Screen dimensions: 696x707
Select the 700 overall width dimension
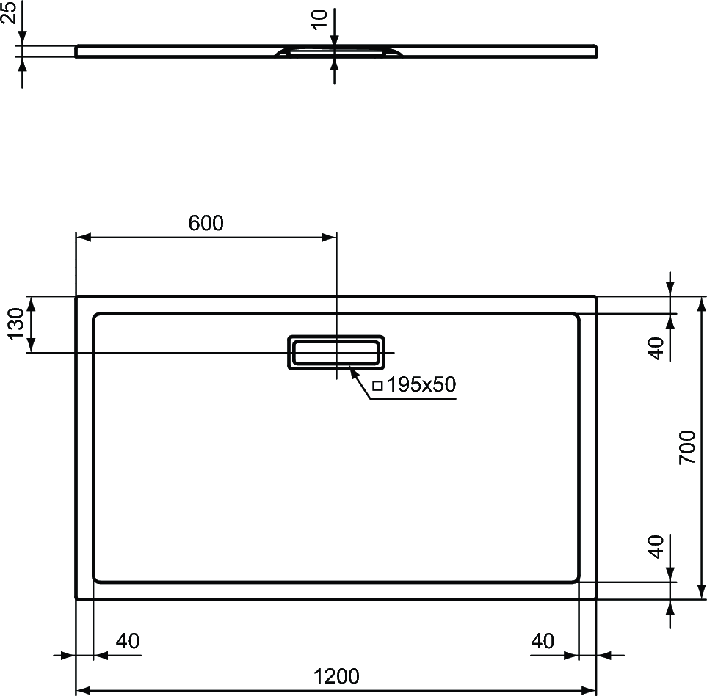(687, 447)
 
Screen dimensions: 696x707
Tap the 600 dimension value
(206, 224)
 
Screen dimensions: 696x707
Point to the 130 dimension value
(16, 324)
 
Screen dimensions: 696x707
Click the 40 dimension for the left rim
(128, 641)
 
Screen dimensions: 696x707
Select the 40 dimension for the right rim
(543, 641)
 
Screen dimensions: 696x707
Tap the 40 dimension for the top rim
(656, 348)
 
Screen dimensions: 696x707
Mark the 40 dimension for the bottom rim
(656, 546)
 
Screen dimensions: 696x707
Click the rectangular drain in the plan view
(336, 352)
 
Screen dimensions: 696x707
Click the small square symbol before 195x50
(377, 385)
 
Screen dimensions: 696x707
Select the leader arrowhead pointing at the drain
(355, 373)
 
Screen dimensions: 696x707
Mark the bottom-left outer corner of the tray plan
(77, 598)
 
